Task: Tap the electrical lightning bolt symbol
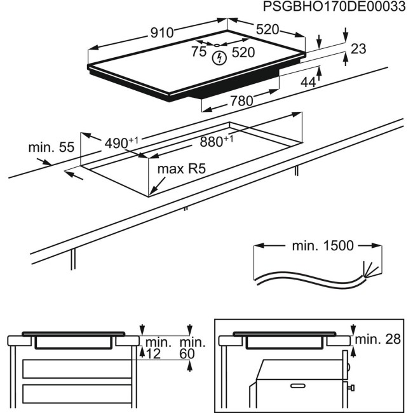click(x=219, y=59)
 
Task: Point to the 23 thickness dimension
click(x=358, y=48)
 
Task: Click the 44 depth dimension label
click(x=308, y=81)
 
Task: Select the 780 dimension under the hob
click(x=241, y=100)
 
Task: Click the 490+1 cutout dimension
click(x=121, y=144)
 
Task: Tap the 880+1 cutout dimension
click(x=217, y=142)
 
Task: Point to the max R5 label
click(x=182, y=169)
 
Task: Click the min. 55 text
click(x=51, y=147)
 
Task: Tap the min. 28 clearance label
click(x=378, y=339)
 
